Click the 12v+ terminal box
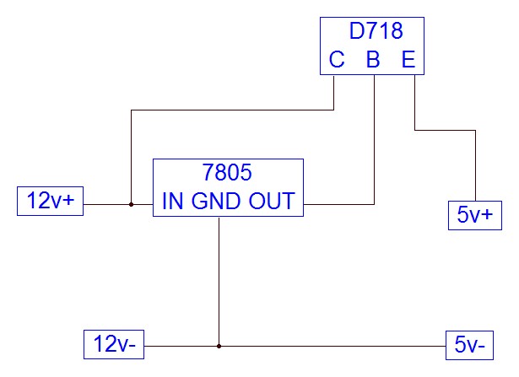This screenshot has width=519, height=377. pos(51,202)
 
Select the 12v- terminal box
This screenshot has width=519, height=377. pos(116,344)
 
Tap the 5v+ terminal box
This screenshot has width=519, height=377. pos(473,215)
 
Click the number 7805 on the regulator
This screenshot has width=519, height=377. pos(228,173)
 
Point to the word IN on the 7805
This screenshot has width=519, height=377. pos(172,202)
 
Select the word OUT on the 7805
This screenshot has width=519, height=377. pos(272,202)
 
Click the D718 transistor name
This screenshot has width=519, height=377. pos(376,33)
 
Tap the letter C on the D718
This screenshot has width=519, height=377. pos(336,60)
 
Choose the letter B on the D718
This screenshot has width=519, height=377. pos(373,60)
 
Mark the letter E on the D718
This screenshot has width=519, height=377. pos(408,60)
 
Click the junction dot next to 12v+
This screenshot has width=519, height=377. pos(131,204)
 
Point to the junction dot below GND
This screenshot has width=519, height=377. pos(219,345)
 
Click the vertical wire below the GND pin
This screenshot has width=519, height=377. pos(219,278)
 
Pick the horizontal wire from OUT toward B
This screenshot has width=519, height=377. pos(338,204)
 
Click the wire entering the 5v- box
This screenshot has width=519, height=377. pos(338,345)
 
